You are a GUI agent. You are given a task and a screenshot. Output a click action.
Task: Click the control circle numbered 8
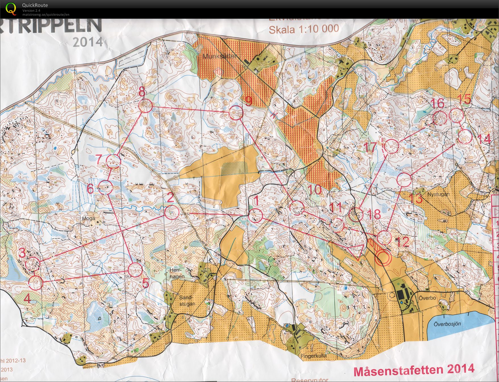click(145, 106)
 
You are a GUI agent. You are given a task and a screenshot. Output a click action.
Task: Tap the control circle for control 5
click(135, 270)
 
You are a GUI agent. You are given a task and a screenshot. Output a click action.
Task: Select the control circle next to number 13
click(404, 179)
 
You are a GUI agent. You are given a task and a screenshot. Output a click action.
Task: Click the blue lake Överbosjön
click(460, 324)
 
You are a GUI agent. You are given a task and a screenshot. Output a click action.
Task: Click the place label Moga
click(88, 219)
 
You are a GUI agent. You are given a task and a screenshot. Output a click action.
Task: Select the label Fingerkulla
click(313, 356)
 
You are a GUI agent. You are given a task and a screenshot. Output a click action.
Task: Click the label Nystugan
click(438, 194)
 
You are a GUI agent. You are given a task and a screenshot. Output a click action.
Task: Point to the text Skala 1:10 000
click(304, 29)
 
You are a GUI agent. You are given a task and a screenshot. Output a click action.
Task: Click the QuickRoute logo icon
click(11, 9)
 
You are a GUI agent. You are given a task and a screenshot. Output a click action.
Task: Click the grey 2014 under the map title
click(88, 42)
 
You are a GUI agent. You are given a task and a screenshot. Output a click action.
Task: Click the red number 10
click(315, 189)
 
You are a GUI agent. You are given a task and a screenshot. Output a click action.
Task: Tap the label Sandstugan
click(187, 301)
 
